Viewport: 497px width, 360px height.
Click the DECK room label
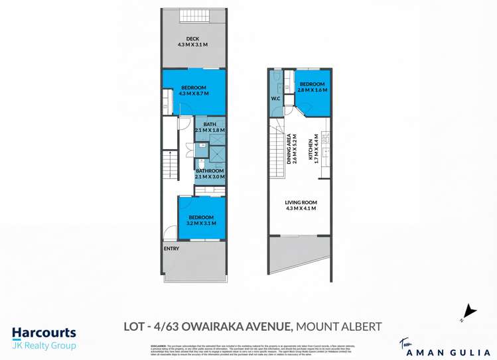[192, 38]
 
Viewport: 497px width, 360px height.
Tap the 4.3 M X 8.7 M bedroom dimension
[192, 94]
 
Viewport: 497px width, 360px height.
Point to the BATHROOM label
[210, 171]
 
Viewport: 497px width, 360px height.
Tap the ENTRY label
[172, 249]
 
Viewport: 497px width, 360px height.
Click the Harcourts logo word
[44, 333]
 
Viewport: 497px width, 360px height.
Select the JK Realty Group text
[44, 345]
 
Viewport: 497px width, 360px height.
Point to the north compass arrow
[469, 310]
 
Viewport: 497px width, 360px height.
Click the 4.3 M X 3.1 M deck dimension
[192, 45]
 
